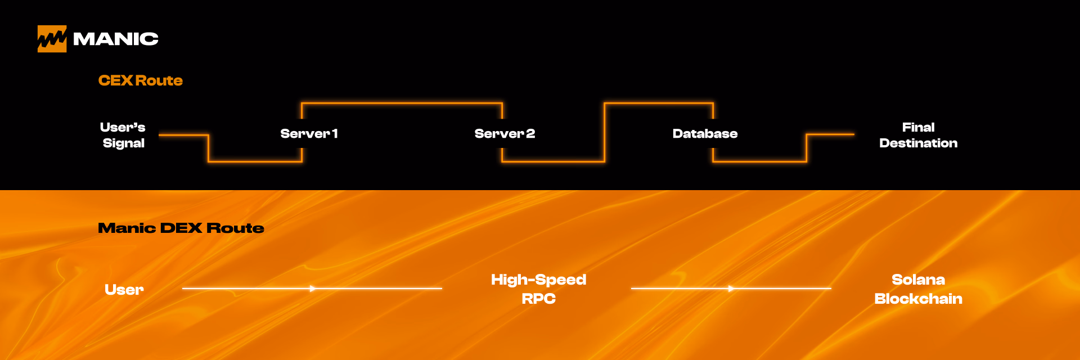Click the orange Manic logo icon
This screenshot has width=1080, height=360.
[x=52, y=39]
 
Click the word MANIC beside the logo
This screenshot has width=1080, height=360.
[x=116, y=39]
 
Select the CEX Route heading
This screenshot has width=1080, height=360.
[x=141, y=80]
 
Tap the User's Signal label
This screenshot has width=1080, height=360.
[x=123, y=135]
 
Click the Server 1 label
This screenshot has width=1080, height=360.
[x=309, y=134]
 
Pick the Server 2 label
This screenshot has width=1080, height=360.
[x=505, y=134]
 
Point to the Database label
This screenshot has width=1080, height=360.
[x=705, y=134]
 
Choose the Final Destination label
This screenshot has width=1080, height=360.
[x=918, y=135]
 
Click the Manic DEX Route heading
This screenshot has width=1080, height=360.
[x=181, y=228]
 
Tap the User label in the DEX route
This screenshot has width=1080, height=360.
[x=124, y=290]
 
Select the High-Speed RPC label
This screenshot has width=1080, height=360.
[x=538, y=289]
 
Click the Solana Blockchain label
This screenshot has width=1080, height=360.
[x=918, y=289]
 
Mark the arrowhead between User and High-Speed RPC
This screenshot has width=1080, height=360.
[x=313, y=289]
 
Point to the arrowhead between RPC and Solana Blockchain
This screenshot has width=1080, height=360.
[x=731, y=289]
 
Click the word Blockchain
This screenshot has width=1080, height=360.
[x=918, y=299]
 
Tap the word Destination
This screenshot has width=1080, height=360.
[x=918, y=143]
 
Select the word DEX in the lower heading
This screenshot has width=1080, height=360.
[x=181, y=228]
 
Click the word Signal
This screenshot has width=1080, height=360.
[x=124, y=143]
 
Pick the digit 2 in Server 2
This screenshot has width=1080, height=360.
[x=530, y=134]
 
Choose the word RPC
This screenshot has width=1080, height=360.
[x=538, y=299]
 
